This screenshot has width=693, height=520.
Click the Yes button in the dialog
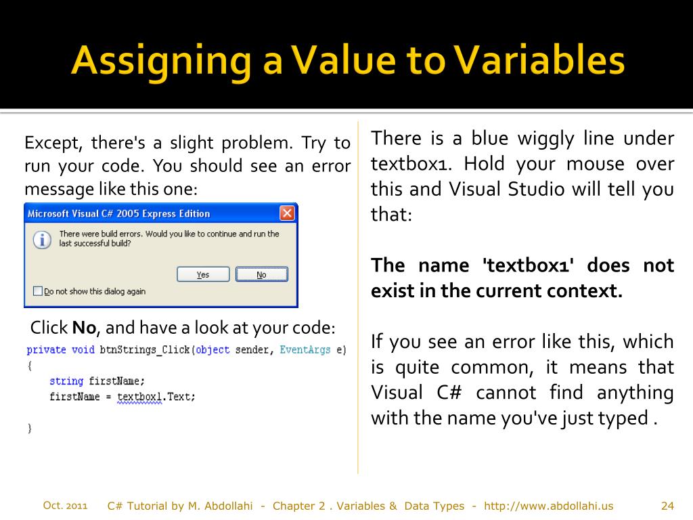point(203,274)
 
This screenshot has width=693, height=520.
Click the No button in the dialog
point(261,274)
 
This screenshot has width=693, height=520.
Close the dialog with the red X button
point(287,213)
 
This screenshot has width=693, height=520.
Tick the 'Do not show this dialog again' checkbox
point(38,291)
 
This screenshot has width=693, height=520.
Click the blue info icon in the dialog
point(42,239)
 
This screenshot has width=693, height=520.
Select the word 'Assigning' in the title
point(161,61)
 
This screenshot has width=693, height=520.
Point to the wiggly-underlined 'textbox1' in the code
point(139,397)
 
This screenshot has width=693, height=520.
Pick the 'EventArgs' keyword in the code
point(305,350)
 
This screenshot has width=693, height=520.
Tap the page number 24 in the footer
point(667,506)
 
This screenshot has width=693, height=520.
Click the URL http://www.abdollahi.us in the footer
point(549,506)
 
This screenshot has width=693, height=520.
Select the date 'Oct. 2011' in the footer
point(65,505)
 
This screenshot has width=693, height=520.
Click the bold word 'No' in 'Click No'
point(85,328)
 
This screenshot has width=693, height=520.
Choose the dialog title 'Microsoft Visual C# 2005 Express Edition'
point(118,214)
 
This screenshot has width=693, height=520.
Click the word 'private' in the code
point(46,350)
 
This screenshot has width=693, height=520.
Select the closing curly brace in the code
point(29,428)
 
